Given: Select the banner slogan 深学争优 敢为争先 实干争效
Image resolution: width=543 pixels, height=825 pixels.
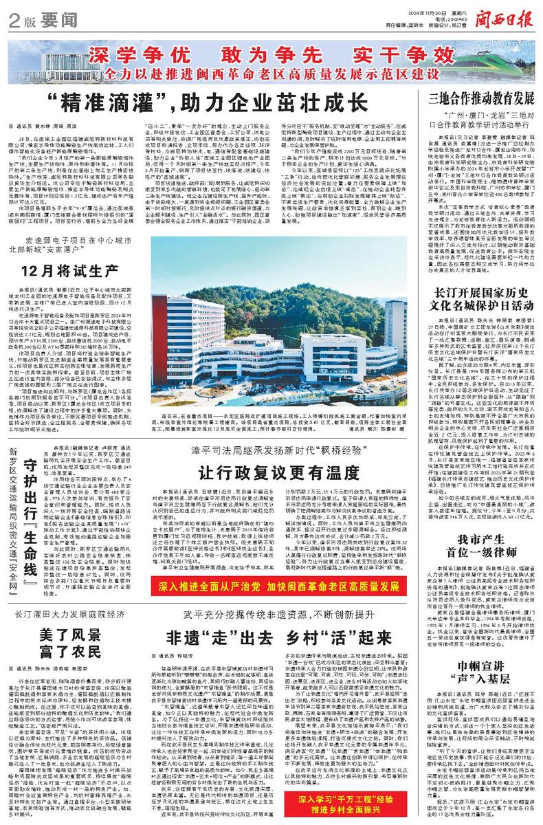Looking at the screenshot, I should [x=223, y=54].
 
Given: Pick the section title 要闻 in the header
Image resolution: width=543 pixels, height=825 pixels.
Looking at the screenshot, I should [x=49, y=21].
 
